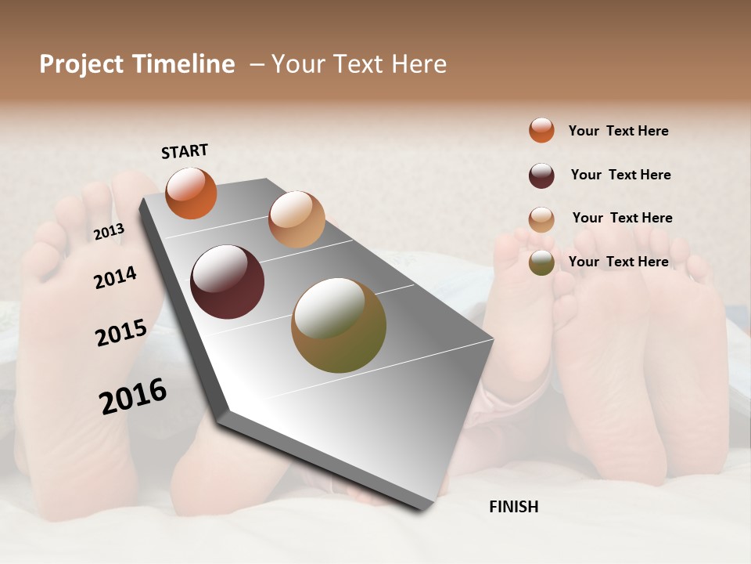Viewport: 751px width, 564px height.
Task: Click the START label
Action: coord(185,151)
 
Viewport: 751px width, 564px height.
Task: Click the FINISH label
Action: coord(513,507)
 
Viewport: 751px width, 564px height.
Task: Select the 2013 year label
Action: coord(109,232)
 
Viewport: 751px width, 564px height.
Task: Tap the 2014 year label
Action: coord(115,278)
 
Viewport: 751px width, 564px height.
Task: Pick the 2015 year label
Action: coord(121,333)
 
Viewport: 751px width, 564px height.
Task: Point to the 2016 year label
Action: coord(133,396)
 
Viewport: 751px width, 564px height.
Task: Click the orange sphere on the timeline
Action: coord(191,193)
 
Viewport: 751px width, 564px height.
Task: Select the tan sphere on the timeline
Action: coord(296,219)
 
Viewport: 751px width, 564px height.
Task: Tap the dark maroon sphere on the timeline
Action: coord(228,282)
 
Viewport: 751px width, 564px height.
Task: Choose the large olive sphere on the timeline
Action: coord(339,325)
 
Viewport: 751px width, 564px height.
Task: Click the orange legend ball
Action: coord(541,130)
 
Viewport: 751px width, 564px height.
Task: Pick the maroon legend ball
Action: coord(541,175)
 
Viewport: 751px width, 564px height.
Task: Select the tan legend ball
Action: coord(541,219)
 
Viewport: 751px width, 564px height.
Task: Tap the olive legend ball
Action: coord(541,262)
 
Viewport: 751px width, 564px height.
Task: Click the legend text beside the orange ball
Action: coord(618,131)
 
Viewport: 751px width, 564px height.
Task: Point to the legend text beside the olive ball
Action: coord(618,262)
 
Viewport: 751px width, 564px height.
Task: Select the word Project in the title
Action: coord(81,64)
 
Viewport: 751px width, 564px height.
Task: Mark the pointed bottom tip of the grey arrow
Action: coord(423,509)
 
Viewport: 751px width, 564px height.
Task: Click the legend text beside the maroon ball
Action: coord(620,175)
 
